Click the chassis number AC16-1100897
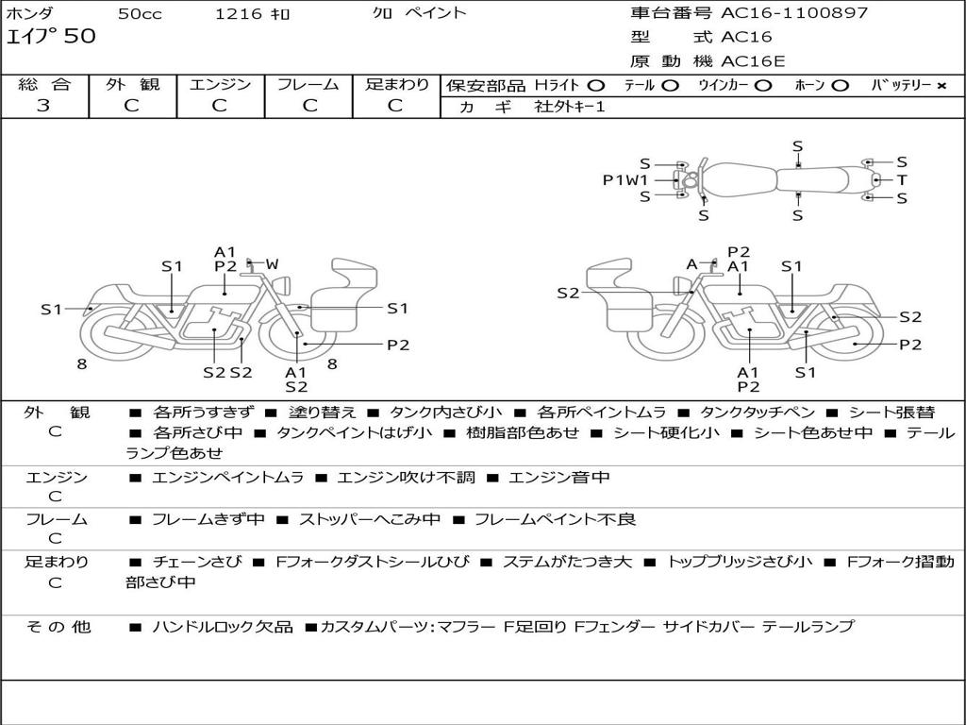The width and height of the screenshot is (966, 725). (794, 13)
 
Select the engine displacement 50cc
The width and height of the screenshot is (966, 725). (139, 14)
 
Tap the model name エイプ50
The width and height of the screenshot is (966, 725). (51, 38)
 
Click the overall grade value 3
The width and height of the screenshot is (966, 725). (43, 106)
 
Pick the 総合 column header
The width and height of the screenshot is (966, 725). (44, 84)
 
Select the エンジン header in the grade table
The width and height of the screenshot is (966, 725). (220, 84)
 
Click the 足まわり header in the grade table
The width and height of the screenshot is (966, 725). (397, 84)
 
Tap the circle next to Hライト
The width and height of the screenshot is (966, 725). (596, 85)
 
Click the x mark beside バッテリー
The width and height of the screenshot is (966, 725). (941, 85)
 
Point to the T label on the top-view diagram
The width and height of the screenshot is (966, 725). (902, 179)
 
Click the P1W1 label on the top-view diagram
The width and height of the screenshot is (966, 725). (625, 179)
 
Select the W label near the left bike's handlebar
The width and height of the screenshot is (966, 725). (272, 264)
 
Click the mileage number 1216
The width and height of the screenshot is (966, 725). (240, 14)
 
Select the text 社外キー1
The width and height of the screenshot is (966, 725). (570, 107)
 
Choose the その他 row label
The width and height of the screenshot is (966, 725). (58, 626)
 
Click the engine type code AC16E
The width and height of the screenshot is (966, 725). (753, 61)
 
